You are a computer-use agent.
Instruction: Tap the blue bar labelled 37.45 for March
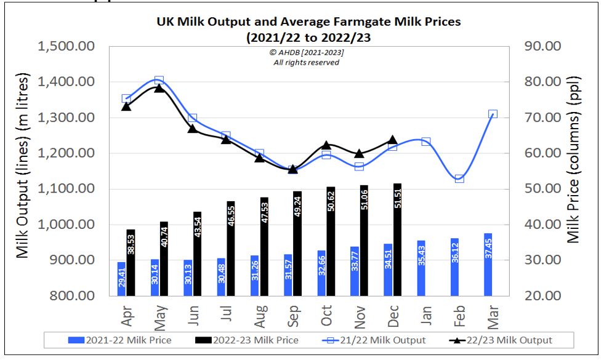click(x=488, y=264)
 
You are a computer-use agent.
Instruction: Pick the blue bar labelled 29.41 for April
click(x=122, y=278)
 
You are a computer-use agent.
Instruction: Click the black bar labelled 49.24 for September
click(x=297, y=242)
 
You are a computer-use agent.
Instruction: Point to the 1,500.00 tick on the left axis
click(x=66, y=47)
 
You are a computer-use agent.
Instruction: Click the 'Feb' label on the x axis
click(x=459, y=314)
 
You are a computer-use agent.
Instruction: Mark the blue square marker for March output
click(x=493, y=114)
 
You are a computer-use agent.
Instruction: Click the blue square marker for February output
click(x=459, y=178)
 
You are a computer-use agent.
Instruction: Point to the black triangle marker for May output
click(x=159, y=88)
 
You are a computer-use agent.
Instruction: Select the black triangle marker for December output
click(x=392, y=140)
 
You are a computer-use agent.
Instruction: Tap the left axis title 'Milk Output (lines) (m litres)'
click(x=23, y=166)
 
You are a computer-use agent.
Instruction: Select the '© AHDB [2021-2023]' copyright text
click(x=306, y=54)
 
